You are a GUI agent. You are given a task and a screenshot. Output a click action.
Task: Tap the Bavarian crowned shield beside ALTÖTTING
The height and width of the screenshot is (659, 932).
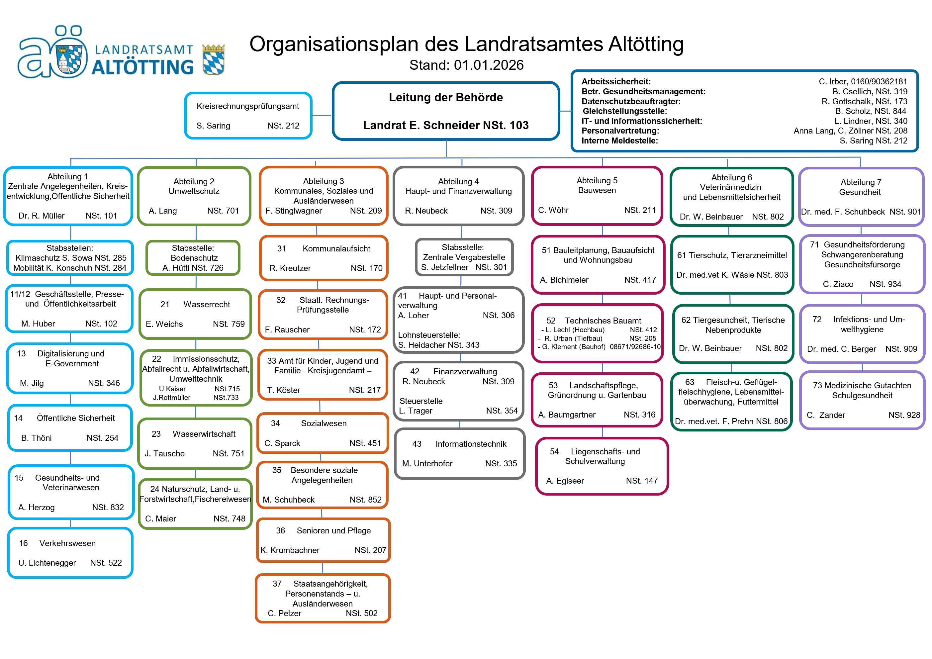[214, 59]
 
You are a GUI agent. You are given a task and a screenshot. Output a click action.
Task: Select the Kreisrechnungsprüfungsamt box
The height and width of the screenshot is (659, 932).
[248, 116]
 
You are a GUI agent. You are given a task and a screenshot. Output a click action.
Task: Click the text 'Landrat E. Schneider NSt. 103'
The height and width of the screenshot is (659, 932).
[446, 125]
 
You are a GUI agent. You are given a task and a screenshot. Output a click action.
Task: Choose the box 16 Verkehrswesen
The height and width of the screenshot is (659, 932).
[70, 553]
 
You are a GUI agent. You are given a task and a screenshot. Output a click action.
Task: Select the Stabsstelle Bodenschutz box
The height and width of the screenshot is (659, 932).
[193, 258]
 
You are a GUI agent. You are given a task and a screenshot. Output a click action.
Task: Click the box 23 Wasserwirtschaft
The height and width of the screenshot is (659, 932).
[195, 443]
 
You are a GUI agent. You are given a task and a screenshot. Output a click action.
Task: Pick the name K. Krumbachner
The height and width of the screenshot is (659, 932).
[290, 550]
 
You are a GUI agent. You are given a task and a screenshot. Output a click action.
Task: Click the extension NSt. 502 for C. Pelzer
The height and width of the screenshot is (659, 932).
[361, 613]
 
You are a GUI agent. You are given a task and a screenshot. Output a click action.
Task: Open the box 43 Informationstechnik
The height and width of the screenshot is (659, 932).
[459, 453]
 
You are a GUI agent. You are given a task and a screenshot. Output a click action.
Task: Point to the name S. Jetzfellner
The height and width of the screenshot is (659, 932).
[444, 267]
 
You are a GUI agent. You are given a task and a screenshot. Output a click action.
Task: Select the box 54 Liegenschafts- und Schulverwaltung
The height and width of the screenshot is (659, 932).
[602, 466]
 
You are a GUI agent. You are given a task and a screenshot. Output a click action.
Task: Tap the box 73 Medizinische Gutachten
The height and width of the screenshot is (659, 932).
[862, 400]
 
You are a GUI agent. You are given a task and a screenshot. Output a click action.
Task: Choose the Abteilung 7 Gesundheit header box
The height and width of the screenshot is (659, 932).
[861, 197]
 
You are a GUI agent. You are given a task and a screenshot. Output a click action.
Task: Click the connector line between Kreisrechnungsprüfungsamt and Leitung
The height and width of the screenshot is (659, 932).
[322, 115]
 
